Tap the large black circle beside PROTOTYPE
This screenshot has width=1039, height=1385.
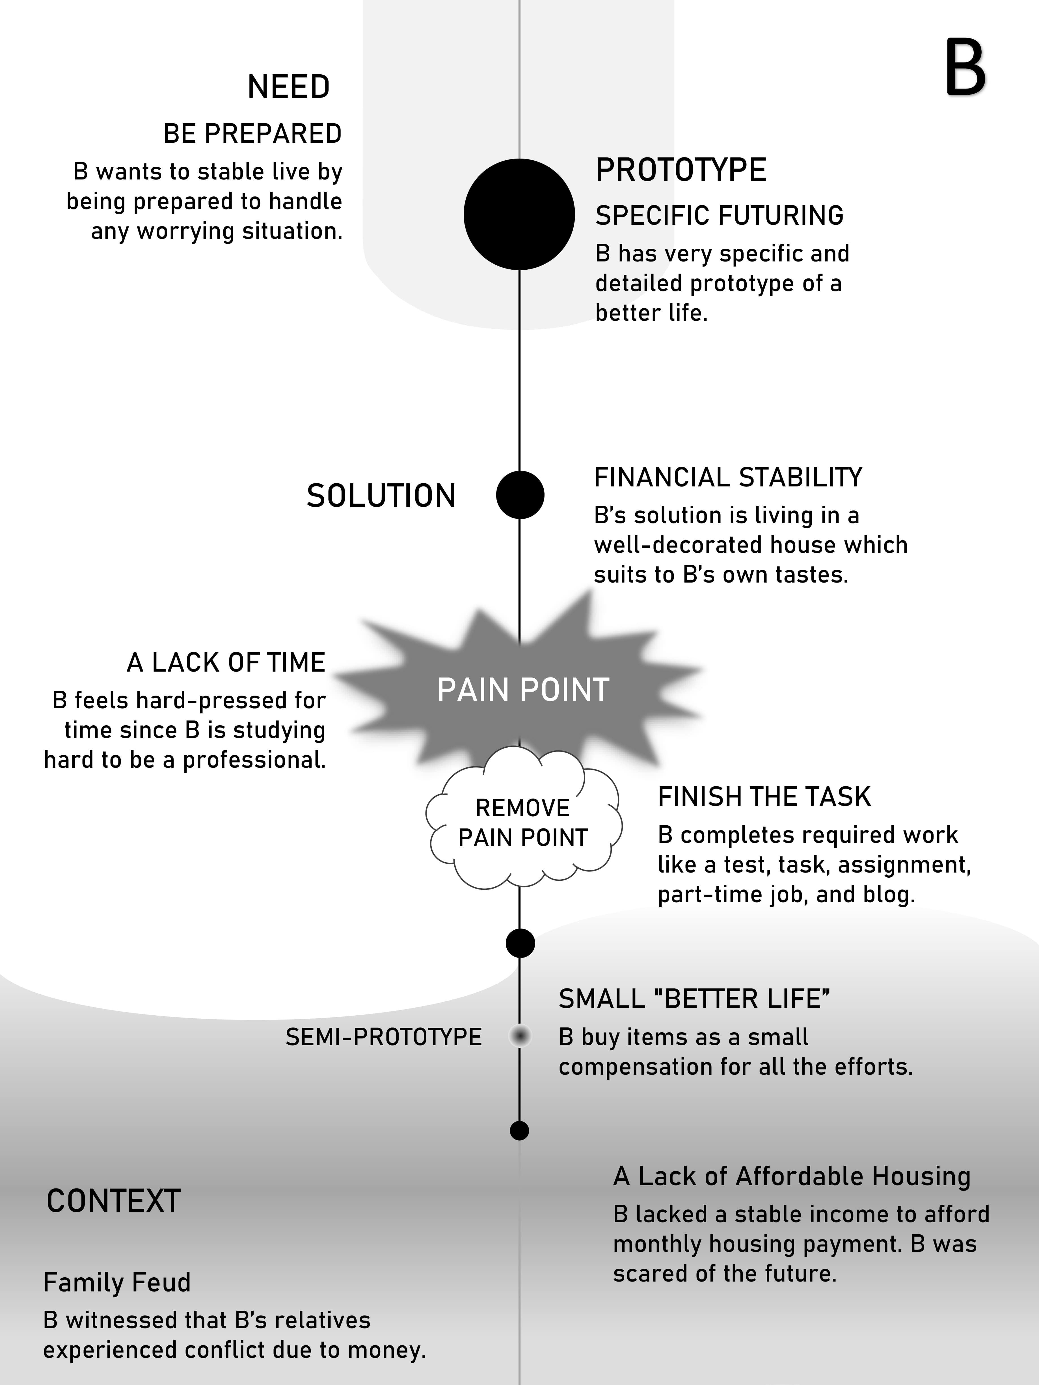point(519,214)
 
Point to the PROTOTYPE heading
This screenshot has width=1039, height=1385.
point(681,170)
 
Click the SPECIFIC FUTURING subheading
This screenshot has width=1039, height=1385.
point(719,215)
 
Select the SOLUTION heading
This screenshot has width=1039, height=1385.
point(381,496)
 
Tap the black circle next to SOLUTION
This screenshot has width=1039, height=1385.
point(520,495)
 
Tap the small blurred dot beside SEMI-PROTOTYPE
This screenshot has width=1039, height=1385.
point(520,1036)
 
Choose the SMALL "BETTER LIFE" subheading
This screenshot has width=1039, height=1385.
point(694,999)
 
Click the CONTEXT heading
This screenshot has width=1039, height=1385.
point(113,1202)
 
